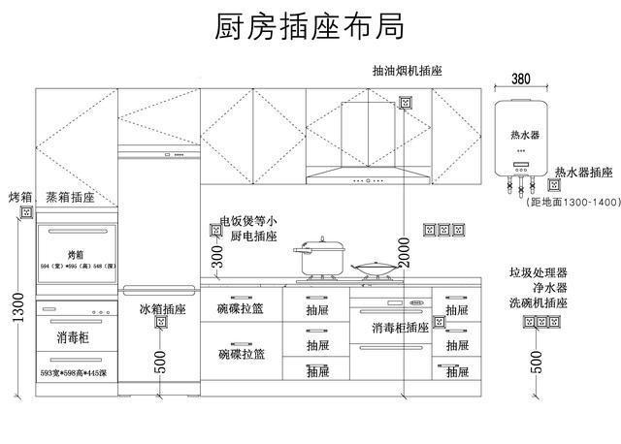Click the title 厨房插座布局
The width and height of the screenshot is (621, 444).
tap(310, 26)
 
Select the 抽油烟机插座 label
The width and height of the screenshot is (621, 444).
tap(407, 72)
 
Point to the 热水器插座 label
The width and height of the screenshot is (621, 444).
tap(584, 173)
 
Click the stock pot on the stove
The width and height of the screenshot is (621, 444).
tap(320, 257)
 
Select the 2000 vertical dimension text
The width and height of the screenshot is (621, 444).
tap(404, 252)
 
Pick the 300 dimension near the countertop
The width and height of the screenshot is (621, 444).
tap(217, 257)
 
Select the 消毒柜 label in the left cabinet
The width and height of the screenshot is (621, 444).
tap(74, 337)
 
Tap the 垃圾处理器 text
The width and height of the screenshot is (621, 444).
tap(538, 274)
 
